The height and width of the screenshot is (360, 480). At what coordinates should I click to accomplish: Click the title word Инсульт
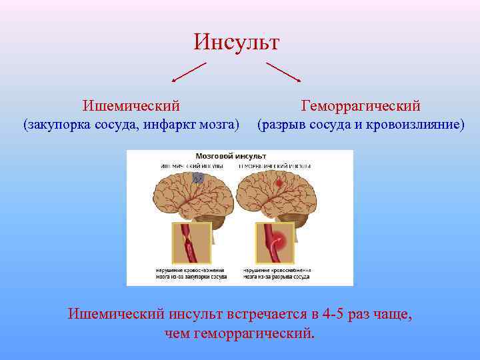237,42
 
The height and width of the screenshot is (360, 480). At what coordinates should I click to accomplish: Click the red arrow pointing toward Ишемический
189,72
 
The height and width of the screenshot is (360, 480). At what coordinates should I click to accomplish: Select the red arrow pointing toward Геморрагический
283,72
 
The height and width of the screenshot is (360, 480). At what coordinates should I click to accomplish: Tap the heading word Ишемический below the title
131,105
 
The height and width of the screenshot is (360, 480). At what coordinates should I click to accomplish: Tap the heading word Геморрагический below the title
361,105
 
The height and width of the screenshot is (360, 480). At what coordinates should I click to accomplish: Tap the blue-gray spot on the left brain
197,178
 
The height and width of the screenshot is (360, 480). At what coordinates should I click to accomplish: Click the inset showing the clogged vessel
194,243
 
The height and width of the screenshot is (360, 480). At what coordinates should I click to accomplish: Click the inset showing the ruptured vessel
275,243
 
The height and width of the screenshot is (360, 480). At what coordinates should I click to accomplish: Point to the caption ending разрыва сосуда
275,273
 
